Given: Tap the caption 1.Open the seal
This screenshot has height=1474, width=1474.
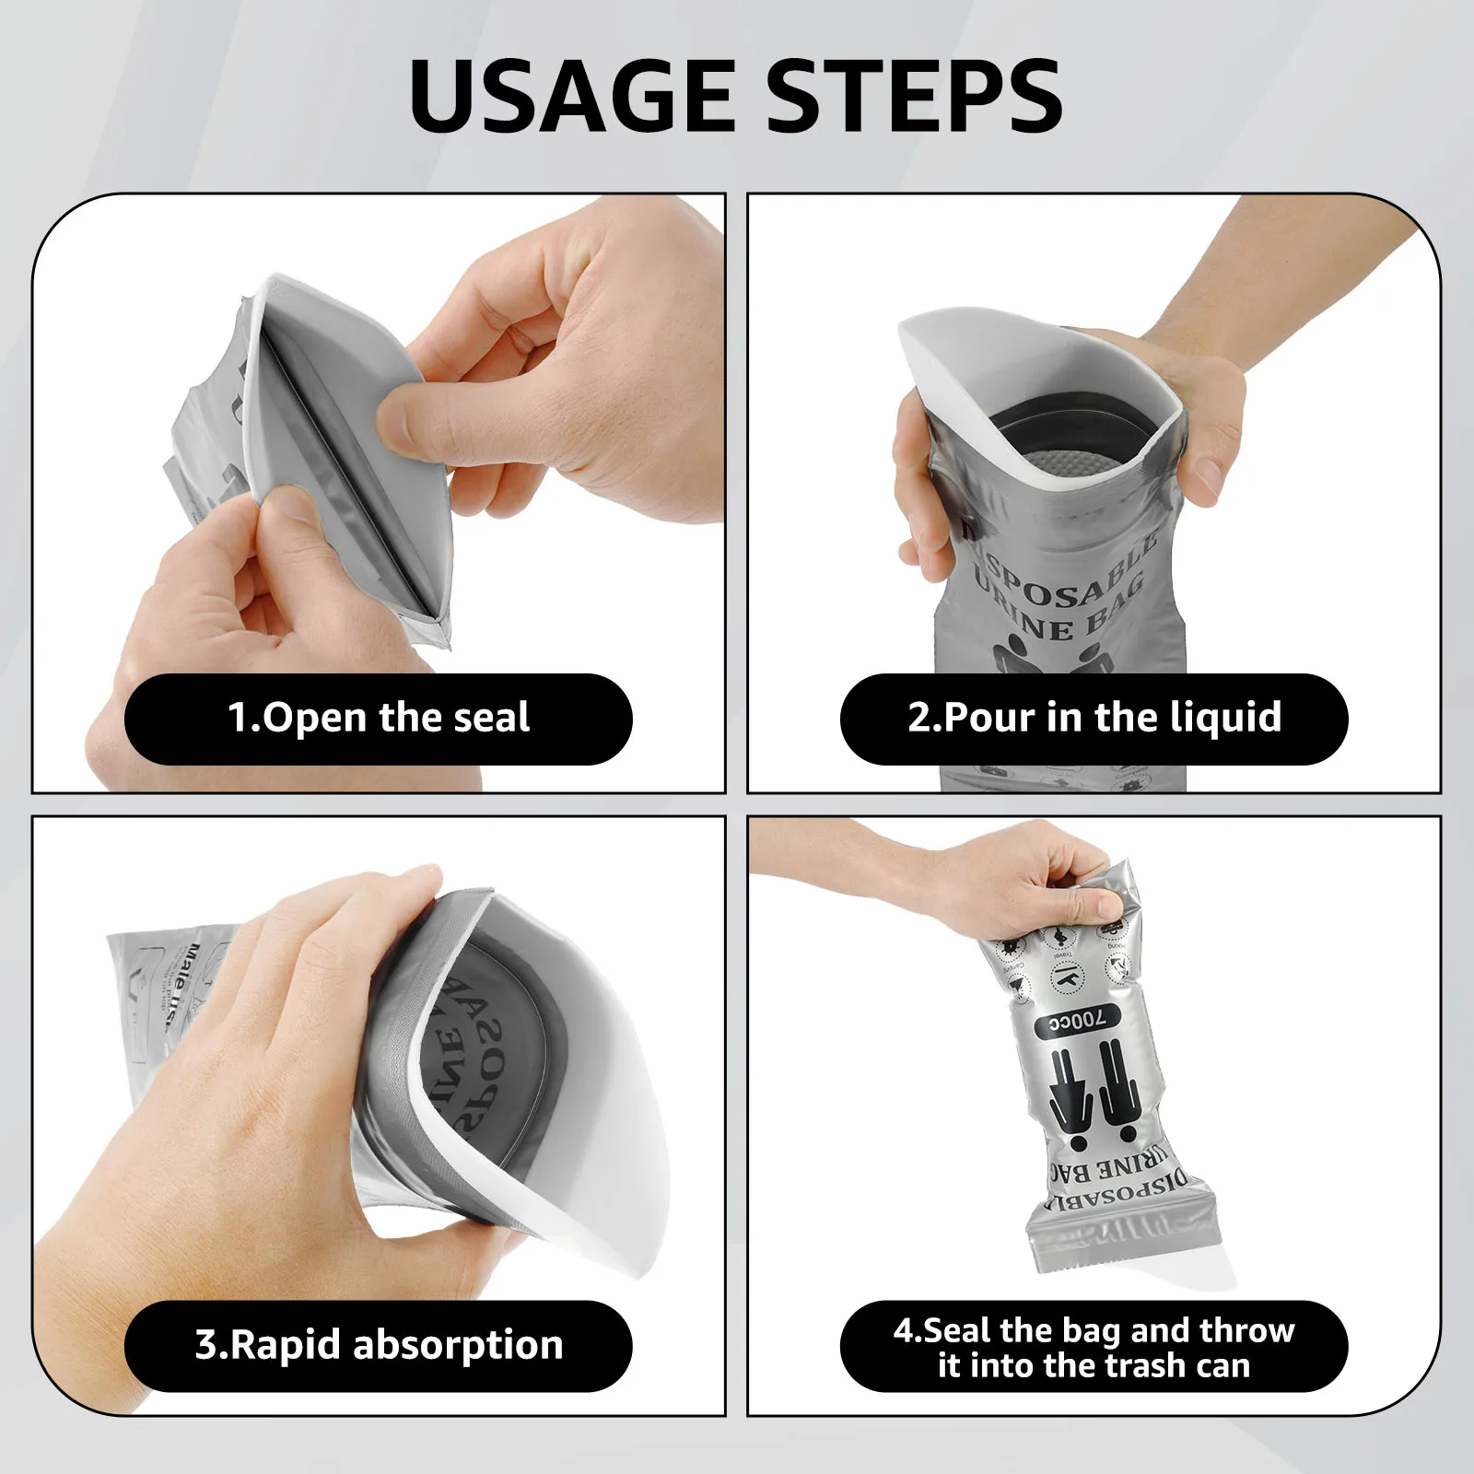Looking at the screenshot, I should pos(379,718).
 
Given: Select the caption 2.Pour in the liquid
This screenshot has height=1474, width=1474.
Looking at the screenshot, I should pos(1094,718).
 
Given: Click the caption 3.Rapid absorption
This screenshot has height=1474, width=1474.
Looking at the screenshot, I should pos(379,1345).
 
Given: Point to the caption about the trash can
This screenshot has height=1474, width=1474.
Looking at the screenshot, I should pos(1094,1347).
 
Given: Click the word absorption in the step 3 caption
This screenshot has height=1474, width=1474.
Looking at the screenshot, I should pos(458,1345).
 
